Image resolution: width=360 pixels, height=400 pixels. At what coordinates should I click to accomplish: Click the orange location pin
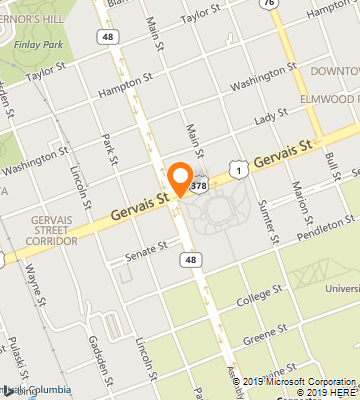pyautogui.click(x=181, y=178)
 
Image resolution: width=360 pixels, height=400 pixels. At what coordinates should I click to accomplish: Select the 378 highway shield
pyautogui.click(x=201, y=185)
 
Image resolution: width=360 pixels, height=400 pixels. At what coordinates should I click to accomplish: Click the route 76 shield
pyautogui.click(x=267, y=4)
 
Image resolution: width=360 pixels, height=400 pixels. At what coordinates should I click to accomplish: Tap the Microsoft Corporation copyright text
pyautogui.click(x=300, y=380)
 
